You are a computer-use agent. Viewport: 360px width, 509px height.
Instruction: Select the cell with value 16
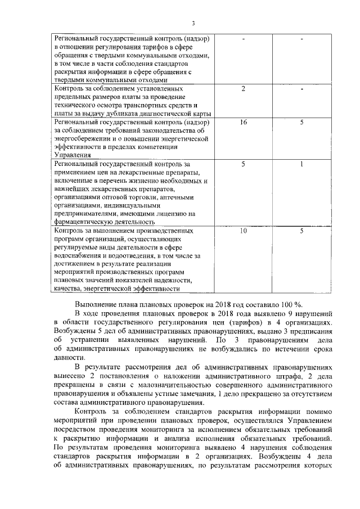point(243,122)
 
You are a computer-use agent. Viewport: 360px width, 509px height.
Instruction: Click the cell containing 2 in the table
point(243,89)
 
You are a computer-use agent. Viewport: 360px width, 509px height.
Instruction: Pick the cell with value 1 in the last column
point(301,164)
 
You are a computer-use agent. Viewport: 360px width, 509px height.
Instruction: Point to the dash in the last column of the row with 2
point(301,89)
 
